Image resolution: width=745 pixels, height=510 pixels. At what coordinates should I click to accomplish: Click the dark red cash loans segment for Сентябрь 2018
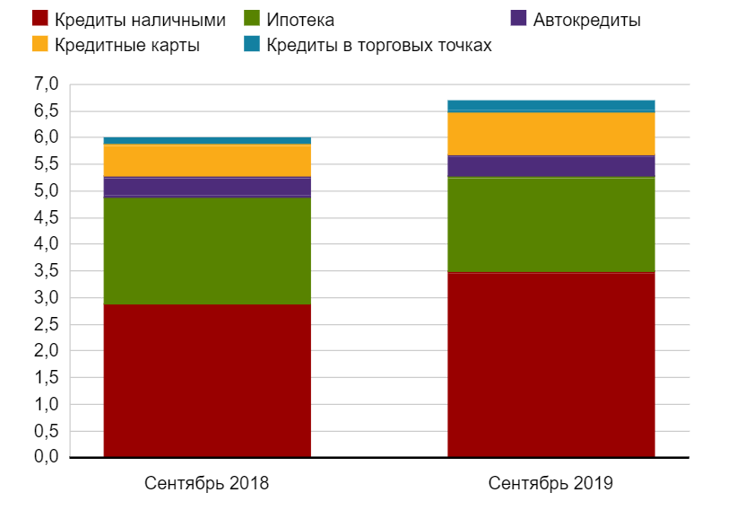click(x=207, y=381)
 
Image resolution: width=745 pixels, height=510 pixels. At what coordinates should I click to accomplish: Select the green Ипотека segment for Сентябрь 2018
click(x=207, y=251)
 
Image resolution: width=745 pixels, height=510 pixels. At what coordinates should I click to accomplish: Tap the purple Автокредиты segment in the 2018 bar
click(x=207, y=187)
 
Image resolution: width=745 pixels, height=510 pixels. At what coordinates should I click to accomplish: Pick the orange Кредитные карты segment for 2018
click(x=207, y=161)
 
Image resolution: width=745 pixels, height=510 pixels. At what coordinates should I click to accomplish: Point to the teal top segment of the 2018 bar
click(x=207, y=140)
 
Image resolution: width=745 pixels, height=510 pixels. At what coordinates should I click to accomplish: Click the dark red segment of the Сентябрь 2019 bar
click(x=550, y=365)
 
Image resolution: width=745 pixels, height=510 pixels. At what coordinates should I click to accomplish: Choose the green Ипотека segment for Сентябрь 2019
click(x=550, y=224)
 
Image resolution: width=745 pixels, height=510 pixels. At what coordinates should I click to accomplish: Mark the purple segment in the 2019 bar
click(x=550, y=166)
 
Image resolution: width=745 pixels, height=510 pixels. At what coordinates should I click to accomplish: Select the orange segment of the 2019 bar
click(x=550, y=133)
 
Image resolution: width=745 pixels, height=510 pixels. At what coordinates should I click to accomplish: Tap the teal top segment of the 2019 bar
click(x=550, y=105)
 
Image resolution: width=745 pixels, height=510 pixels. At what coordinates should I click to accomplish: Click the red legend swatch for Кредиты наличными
click(x=39, y=18)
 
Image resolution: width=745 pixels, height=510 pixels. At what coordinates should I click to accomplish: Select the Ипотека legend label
click(x=300, y=19)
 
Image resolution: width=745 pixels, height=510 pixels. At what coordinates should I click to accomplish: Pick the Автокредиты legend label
click(x=586, y=19)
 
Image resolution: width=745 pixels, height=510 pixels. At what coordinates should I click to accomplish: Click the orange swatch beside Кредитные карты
click(x=39, y=44)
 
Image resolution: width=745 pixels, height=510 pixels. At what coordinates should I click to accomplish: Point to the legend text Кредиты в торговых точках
click(x=379, y=44)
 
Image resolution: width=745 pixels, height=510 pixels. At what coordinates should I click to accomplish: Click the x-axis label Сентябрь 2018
click(x=206, y=483)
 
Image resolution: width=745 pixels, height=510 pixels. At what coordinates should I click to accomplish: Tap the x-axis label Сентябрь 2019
click(x=550, y=483)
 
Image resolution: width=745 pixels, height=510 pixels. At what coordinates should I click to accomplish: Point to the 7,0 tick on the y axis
click(x=46, y=84)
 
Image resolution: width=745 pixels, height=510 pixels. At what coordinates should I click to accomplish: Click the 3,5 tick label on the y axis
click(x=46, y=271)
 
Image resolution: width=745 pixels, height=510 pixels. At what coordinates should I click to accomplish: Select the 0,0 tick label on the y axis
click(x=46, y=458)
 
